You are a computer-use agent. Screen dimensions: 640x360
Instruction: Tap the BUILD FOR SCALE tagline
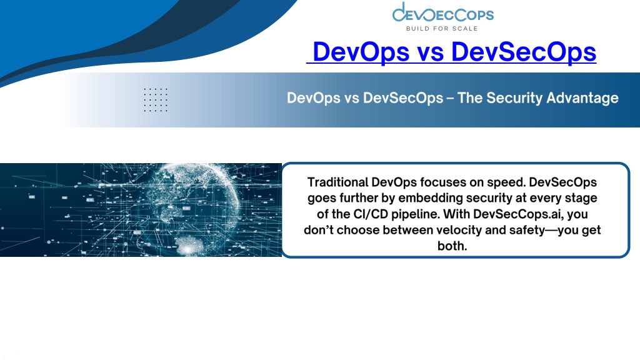pyautogui.click(x=442, y=29)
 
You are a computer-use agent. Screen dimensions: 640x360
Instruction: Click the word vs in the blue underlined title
pyautogui.click(x=430, y=52)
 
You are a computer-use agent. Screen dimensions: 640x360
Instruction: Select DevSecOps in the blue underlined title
pyautogui.click(x=524, y=52)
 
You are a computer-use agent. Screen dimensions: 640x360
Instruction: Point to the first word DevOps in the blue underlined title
pyautogui.click(x=361, y=52)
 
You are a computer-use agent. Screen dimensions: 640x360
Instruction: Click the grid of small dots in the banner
pyautogui.click(x=156, y=99)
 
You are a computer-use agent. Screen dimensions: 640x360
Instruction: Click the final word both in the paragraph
pyautogui.click(x=452, y=246)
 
